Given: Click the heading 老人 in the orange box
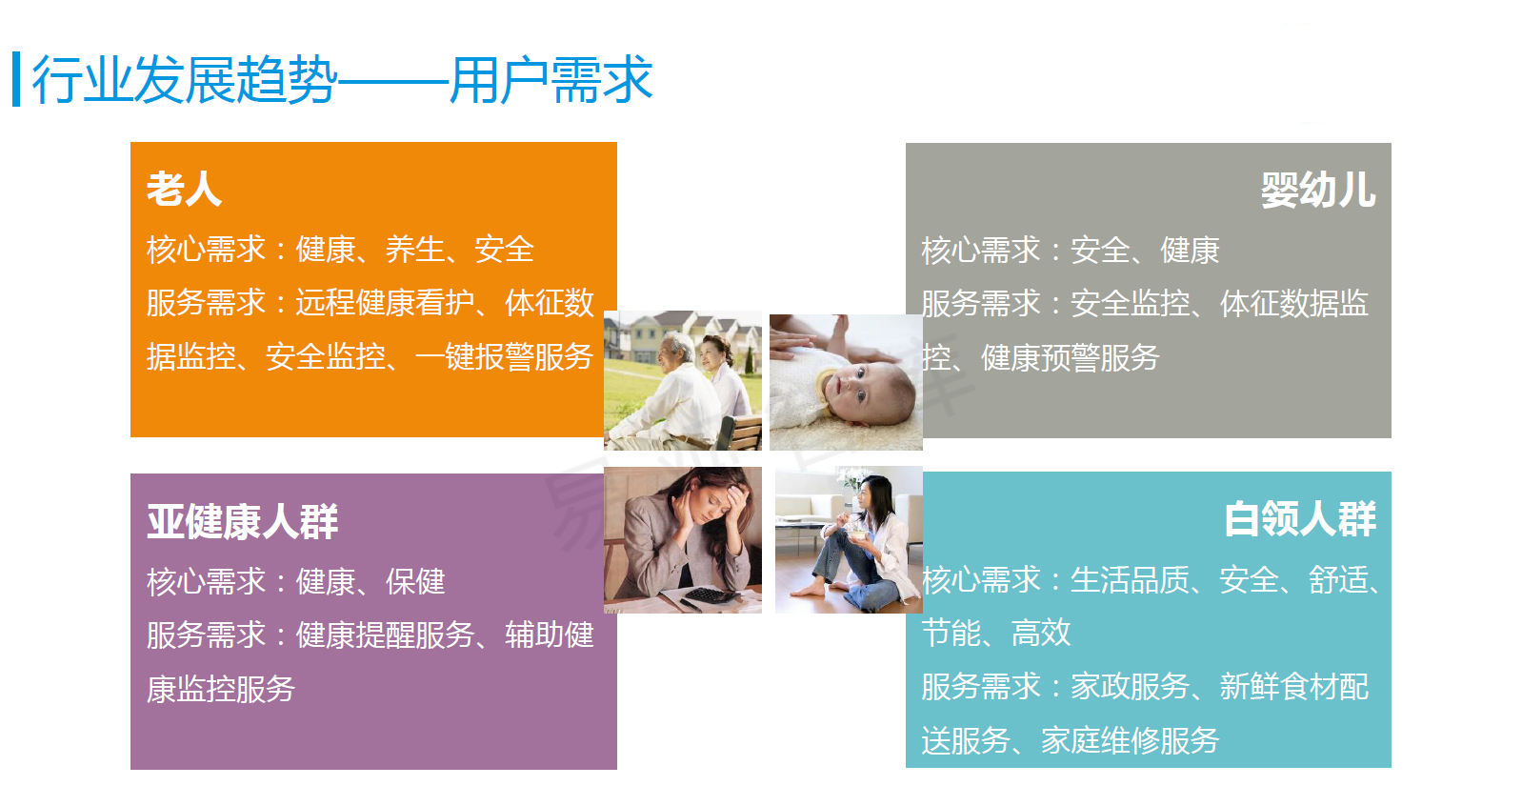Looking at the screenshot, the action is click(184, 189).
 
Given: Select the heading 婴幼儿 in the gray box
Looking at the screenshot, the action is click(1318, 190).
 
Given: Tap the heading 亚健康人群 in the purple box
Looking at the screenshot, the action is click(243, 521).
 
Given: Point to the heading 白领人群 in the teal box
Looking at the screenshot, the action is click(1300, 519).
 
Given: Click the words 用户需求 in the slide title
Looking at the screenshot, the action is click(551, 80).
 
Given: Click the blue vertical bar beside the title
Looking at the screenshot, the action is click(16, 79).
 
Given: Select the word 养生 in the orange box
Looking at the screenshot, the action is click(415, 250).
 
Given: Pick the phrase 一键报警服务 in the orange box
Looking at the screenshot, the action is click(504, 356).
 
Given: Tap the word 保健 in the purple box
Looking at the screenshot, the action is click(415, 582).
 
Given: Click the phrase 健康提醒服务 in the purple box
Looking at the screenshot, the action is click(385, 635).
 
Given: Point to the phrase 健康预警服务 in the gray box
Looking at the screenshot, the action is click(1071, 357).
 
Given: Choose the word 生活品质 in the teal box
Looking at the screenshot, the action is click(1130, 580).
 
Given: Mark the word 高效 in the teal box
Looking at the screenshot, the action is click(1041, 634).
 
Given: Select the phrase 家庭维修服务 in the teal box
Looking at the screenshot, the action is click(1130, 741).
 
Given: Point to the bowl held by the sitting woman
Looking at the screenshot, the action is click(857, 534).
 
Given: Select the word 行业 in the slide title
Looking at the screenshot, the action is click(82, 80).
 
